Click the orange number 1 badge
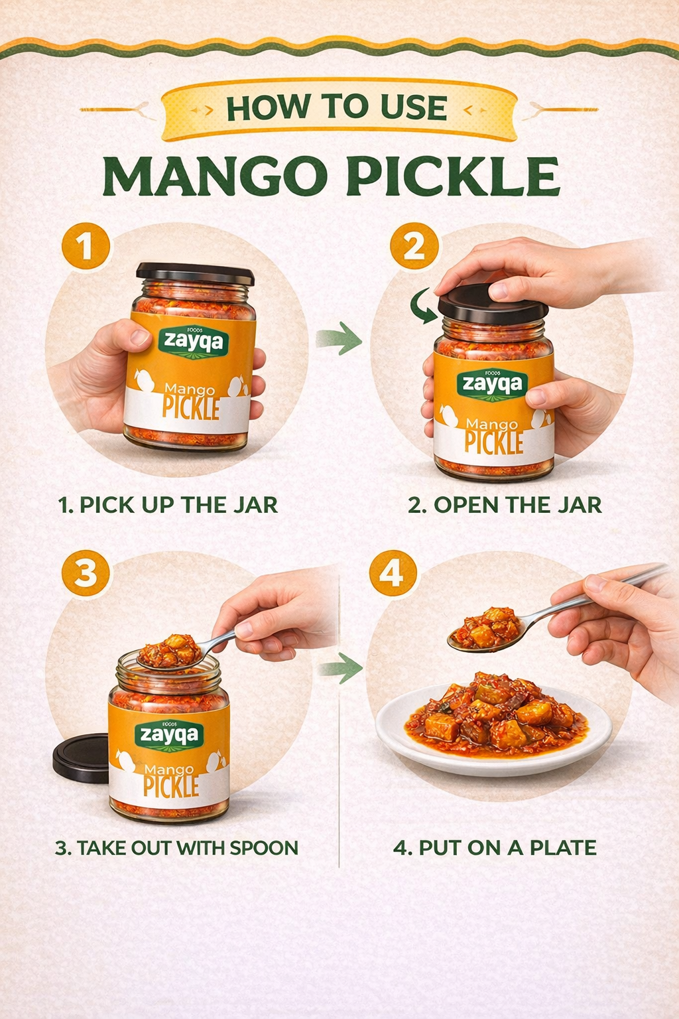pos(86,248)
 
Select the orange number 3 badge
pos(86,575)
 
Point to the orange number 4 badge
pos(393,574)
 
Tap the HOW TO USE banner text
pos(337,108)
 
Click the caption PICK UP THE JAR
pos(168,505)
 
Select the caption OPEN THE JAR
pos(505,505)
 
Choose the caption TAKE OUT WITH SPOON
pos(176,847)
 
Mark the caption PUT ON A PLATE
pos(495,847)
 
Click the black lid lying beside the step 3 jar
pos(81,758)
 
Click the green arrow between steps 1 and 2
pos(339,339)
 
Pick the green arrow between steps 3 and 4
pos(340,669)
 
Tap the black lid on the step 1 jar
pos(195,274)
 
